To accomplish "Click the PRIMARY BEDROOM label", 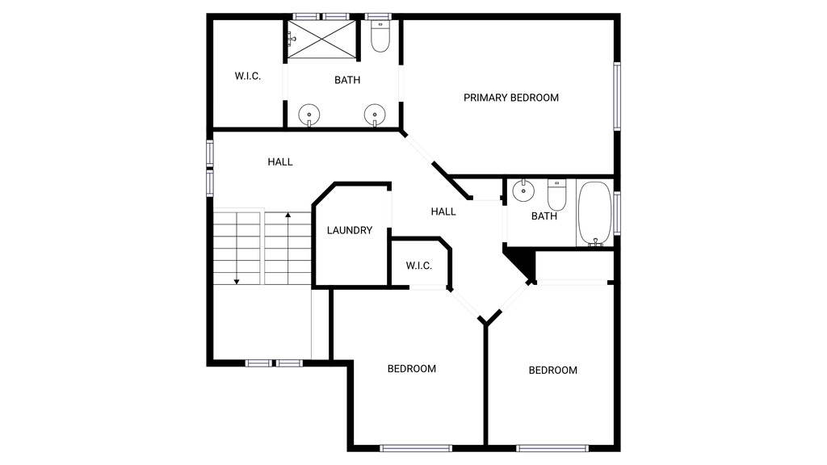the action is (511, 98).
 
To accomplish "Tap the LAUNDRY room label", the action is (350, 230).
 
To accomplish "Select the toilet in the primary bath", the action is (380, 36).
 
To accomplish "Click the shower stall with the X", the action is (321, 39).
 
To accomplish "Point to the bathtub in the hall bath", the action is (595, 213).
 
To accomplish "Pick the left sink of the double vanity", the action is (309, 115).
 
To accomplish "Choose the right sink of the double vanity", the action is (375, 115).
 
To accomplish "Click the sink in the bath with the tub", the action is (523, 191).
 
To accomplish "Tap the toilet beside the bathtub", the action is (557, 195).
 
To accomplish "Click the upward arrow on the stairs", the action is (288, 248).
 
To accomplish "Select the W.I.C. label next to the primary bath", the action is (248, 76).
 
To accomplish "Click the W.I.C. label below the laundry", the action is (419, 266).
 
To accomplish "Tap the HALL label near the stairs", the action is (280, 161).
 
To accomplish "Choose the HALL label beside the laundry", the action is (443, 212).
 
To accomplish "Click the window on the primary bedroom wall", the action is (616, 96).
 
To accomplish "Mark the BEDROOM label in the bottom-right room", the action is (552, 370).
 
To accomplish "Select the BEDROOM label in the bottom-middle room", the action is (412, 368).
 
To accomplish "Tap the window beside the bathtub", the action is (616, 213).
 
